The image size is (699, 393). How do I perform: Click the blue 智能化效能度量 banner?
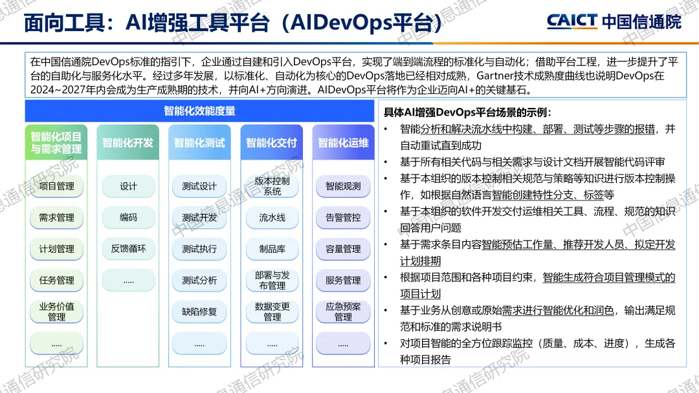(x=199, y=111)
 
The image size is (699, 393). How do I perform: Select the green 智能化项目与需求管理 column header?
(x=56, y=143)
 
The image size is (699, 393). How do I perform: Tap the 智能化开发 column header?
(x=128, y=143)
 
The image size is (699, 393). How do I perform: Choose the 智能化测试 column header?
(x=199, y=143)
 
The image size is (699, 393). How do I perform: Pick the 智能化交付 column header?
(x=271, y=143)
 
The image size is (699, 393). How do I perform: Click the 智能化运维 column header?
(x=343, y=143)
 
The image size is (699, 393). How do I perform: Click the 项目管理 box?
(x=56, y=186)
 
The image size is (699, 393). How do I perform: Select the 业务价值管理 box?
(x=56, y=312)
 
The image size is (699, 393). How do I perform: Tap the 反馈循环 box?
(x=128, y=249)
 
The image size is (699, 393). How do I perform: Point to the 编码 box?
(x=128, y=218)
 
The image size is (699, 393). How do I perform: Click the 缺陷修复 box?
(x=199, y=312)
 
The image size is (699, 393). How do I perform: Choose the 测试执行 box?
(x=199, y=249)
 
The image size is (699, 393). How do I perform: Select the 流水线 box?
(x=272, y=218)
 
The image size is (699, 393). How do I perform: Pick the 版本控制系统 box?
(x=272, y=186)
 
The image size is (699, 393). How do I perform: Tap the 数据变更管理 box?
(x=272, y=312)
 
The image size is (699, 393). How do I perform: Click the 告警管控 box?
(x=343, y=218)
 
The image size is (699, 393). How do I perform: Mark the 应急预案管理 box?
(x=343, y=312)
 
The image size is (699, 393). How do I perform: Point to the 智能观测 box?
(x=343, y=186)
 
